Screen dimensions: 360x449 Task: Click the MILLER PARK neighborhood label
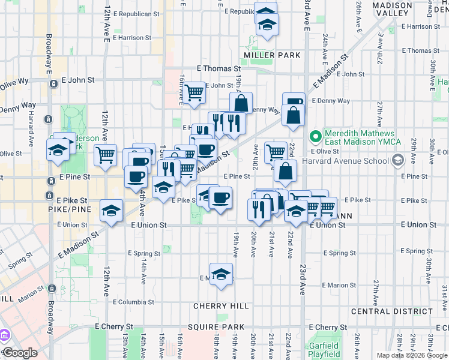[x=272, y=55]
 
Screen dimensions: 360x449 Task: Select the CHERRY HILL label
[x=221, y=306]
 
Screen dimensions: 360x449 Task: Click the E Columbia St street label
[x=133, y=302]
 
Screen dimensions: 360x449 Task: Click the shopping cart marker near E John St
[x=194, y=92]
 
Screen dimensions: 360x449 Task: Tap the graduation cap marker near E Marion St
[x=221, y=274]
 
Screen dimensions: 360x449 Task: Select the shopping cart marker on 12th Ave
[x=105, y=154]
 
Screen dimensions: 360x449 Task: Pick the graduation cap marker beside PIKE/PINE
[x=112, y=210]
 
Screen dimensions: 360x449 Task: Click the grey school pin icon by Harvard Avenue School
[x=397, y=160]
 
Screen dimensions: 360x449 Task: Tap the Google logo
[x=19, y=353]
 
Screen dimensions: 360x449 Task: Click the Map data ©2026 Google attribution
[x=412, y=355]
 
